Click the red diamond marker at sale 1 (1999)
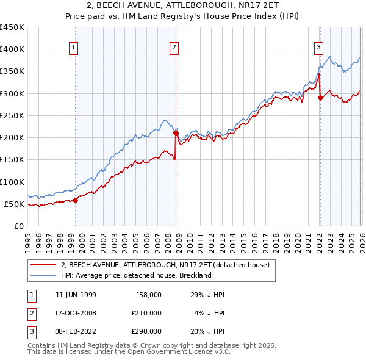coord(76,200)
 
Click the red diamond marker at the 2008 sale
coord(176,133)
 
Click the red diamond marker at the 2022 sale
coord(320,98)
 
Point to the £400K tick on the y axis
coord(12,49)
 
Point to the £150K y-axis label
coord(12,160)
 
